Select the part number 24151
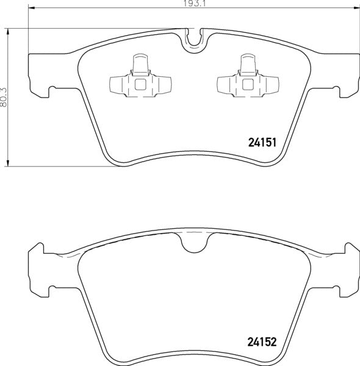tap(263, 143)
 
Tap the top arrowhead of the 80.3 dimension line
tap(9, 30)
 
